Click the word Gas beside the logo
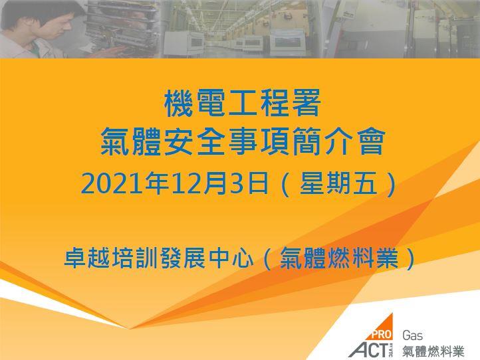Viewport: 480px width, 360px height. coord(412,335)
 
